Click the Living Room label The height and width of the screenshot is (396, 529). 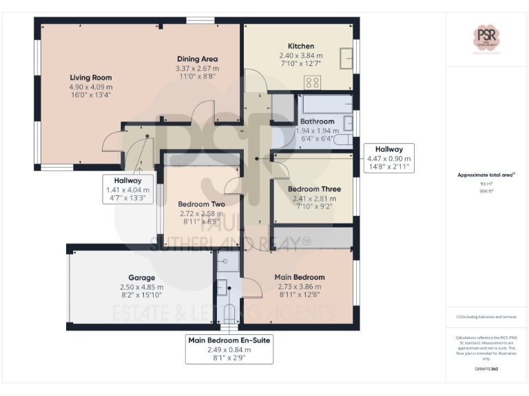(x=90, y=78)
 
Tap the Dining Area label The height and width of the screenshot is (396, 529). (x=198, y=59)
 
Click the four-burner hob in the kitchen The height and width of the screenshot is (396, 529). (x=311, y=82)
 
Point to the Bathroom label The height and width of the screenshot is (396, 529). (x=317, y=122)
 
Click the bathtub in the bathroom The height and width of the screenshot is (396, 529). (x=326, y=105)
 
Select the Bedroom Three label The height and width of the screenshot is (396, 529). (x=313, y=189)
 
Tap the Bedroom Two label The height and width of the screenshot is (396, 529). (x=201, y=204)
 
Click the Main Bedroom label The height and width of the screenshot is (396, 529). (x=300, y=277)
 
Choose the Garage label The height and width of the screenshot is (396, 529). (x=141, y=278)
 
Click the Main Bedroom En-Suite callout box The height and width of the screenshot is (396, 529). (x=229, y=349)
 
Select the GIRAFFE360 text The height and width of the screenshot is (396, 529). (x=486, y=370)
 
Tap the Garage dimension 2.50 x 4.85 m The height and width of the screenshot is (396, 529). (x=141, y=287)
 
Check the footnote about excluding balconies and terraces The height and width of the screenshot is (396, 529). (x=486, y=316)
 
